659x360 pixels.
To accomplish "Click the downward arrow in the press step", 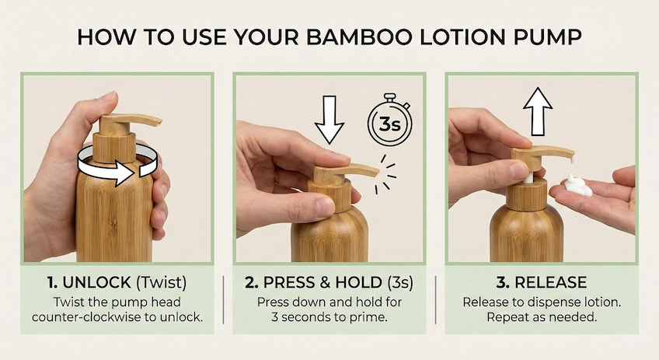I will pos(329,119).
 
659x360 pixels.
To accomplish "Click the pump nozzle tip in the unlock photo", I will pos(156,121).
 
